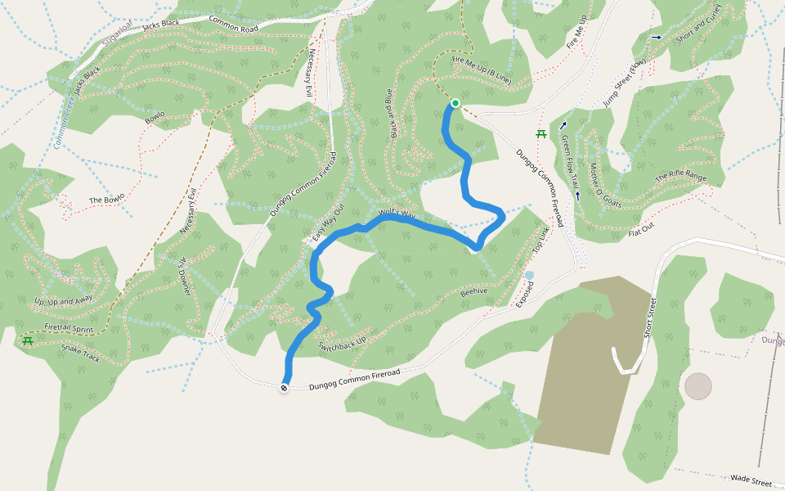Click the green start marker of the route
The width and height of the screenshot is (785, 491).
click(455, 103)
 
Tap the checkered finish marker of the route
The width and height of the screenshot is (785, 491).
click(284, 388)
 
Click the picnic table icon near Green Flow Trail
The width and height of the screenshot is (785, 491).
click(541, 134)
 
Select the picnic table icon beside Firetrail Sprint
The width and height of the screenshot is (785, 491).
click(27, 340)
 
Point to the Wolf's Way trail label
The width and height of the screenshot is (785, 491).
click(397, 214)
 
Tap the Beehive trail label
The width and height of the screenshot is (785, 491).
click(473, 291)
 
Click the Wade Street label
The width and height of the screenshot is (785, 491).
click(751, 480)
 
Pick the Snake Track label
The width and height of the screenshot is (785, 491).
click(80, 353)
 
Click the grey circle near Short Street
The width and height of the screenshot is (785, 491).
click(698, 386)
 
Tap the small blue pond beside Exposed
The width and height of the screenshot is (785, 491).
click(530, 275)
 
